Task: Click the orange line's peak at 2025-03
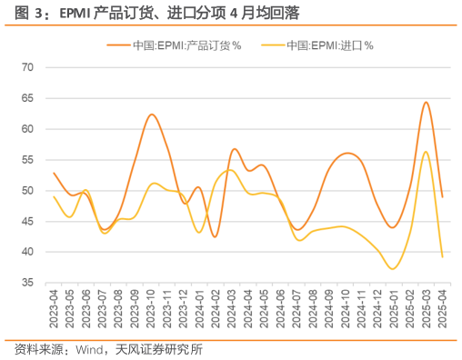(426, 102)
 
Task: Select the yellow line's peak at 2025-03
(426, 151)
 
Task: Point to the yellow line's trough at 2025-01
(393, 268)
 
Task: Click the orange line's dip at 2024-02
(216, 236)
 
